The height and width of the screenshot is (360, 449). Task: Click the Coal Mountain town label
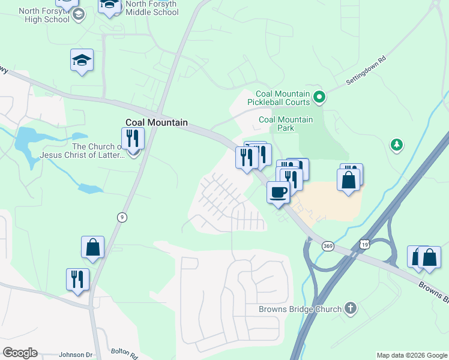coord(156,122)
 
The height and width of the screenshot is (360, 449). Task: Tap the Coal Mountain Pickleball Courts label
coord(283,97)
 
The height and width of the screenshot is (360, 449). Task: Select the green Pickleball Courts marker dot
coord(320,96)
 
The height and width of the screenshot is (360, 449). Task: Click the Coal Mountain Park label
coord(286,124)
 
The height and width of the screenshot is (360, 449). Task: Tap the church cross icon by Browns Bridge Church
coord(351,309)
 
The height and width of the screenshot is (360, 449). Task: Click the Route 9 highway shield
coord(122,218)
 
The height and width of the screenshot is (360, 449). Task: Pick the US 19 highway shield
coord(365,244)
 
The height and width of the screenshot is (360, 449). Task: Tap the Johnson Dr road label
coord(76,355)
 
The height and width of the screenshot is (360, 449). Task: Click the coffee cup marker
coord(278,192)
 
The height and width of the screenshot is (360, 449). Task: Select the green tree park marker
coord(396,145)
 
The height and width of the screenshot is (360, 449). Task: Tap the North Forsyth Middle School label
coord(152,8)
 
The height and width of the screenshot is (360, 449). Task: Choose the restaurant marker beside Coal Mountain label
coord(133,139)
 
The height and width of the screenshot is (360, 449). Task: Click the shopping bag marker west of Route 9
coord(93,247)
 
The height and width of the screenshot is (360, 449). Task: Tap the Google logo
coord(20,353)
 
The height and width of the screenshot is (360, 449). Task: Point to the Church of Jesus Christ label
coord(82,151)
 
